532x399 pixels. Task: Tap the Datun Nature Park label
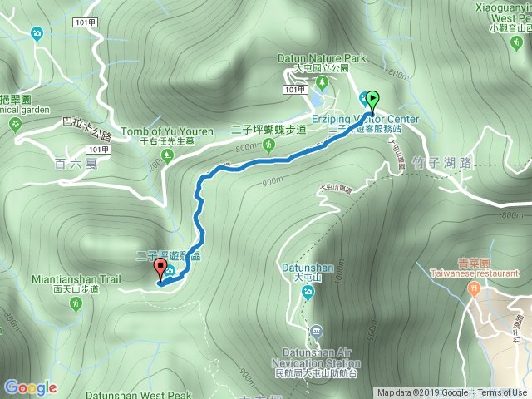coord(321,59)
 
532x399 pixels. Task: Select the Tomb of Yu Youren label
coord(169,131)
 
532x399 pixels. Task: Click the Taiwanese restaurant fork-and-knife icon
coord(474,288)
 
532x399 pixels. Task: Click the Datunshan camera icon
coord(308,292)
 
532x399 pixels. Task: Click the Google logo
coord(30,387)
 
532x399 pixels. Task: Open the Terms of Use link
coord(501,393)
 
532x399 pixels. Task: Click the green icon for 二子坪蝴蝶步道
coord(268,145)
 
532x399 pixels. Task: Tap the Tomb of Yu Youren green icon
coord(168,155)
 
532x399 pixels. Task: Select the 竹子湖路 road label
coord(444,163)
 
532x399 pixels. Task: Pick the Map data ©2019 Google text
coord(421,393)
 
